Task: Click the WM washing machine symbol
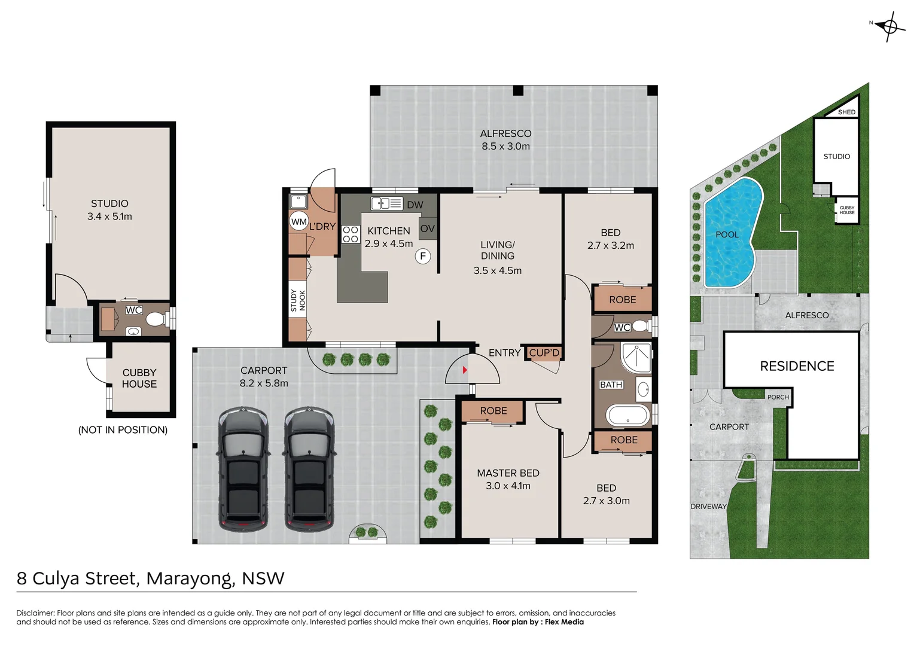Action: tap(298, 221)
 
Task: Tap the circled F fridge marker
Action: tap(423, 257)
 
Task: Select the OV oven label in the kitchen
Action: tap(427, 228)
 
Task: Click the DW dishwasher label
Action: tap(415, 205)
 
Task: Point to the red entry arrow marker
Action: tap(465, 370)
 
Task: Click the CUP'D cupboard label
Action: tap(544, 353)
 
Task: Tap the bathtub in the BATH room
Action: tap(627, 415)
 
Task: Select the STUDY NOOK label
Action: tap(298, 300)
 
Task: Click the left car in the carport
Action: tap(242, 470)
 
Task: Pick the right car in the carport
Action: tap(309, 470)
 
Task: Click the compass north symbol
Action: tap(889, 26)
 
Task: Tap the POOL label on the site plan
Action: tap(727, 234)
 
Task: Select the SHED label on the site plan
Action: tap(846, 112)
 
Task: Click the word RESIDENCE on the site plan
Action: tap(797, 366)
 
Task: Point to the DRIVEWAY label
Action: tap(708, 506)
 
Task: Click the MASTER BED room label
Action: tap(508, 473)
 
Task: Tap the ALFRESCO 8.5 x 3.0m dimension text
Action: tap(505, 147)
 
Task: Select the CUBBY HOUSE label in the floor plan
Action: tap(139, 378)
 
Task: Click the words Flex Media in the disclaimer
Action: tap(564, 622)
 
